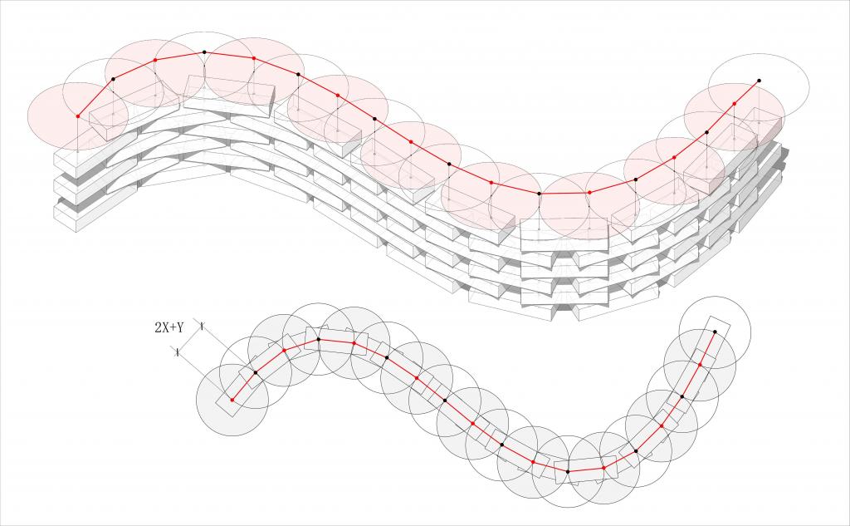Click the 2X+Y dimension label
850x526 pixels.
click(x=169, y=327)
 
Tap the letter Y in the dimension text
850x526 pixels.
click(x=180, y=327)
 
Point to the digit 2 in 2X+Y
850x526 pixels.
click(x=158, y=327)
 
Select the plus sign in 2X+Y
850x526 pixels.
click(x=173, y=327)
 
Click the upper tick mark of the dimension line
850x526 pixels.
click(x=202, y=327)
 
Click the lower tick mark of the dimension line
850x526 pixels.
click(x=178, y=352)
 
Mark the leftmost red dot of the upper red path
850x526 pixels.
click(x=77, y=116)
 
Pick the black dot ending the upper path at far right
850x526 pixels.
click(x=759, y=81)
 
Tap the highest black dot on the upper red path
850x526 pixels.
click(x=204, y=52)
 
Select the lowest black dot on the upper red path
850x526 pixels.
click(x=539, y=194)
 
